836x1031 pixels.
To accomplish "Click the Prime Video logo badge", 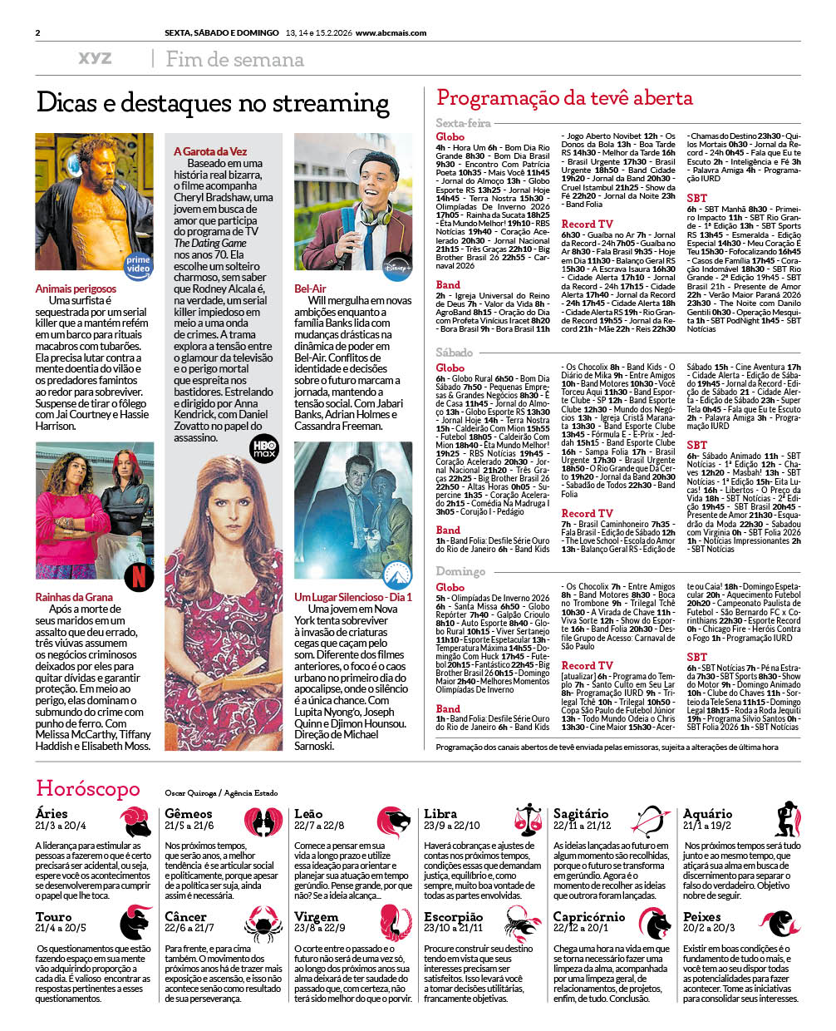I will [x=138, y=264].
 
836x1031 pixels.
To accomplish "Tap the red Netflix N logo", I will [x=139, y=575].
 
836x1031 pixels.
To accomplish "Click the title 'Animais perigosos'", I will [x=76, y=289].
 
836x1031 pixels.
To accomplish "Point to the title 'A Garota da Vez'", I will [x=210, y=151].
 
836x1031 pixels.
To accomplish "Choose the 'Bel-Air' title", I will [x=310, y=289].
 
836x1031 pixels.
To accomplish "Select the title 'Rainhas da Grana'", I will [x=74, y=597].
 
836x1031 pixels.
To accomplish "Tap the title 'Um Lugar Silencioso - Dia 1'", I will [x=352, y=597].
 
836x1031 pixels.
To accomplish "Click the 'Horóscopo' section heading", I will [x=88, y=788].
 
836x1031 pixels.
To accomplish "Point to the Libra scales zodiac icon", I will [x=526, y=820].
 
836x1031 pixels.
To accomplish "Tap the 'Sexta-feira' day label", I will [x=463, y=123].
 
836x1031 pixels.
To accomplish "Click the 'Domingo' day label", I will [x=460, y=571].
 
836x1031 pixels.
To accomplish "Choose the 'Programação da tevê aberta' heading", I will [x=564, y=98].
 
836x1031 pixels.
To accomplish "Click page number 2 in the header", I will [x=38, y=33].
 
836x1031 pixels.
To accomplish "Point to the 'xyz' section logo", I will [x=95, y=58].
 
